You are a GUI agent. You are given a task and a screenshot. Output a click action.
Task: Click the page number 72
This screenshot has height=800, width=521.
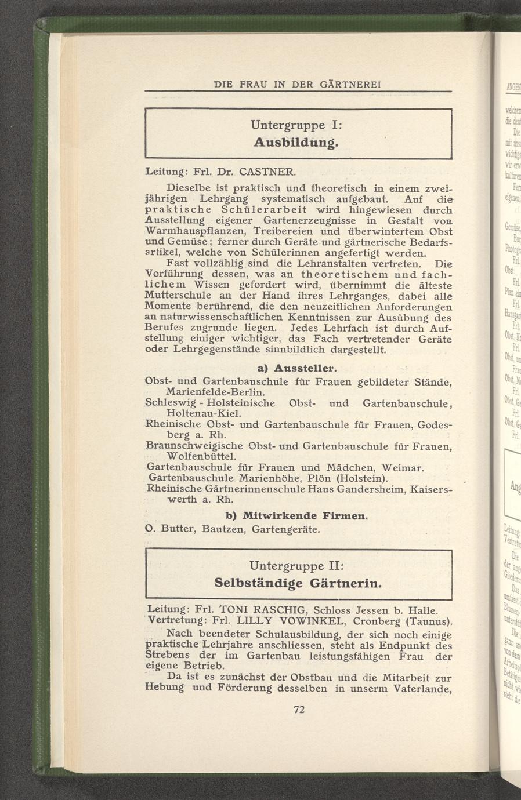tap(299, 709)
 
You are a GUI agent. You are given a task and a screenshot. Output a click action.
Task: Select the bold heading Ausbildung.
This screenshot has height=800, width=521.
tap(296, 142)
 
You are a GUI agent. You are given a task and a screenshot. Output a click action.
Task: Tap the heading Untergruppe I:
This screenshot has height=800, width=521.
tap(297, 125)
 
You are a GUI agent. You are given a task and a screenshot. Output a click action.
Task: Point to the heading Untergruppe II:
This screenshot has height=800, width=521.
tap(298, 565)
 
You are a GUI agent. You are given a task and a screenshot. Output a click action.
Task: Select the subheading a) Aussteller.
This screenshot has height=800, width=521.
tap(296, 369)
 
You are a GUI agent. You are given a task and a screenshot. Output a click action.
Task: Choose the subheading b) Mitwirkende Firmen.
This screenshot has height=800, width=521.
tap(296, 515)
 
